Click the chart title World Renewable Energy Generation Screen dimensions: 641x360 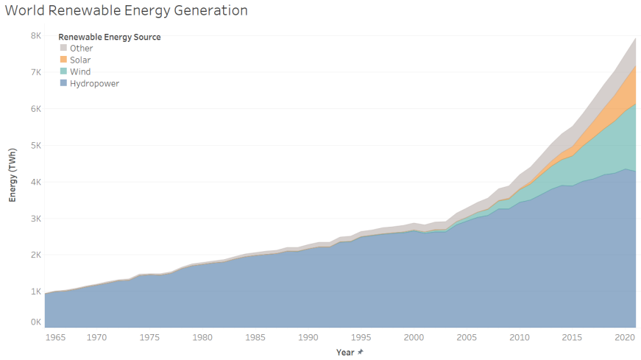127,10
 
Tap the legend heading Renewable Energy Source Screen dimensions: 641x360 110,37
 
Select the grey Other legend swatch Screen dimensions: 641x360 63,48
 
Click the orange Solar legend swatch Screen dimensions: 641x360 63,60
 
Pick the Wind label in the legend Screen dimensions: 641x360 80,71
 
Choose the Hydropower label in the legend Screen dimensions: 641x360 94,83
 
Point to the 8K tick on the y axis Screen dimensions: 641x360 36,35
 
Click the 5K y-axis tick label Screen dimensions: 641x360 36,145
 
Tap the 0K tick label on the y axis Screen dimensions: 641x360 36,322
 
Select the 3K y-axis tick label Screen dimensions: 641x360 36,219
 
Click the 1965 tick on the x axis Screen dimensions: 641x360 56,337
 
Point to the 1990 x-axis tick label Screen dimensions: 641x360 308,337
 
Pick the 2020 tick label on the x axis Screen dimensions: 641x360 625,337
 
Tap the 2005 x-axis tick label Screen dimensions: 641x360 467,337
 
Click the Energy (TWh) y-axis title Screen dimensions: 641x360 13,175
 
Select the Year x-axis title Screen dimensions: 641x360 345,352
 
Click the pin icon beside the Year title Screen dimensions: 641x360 360,352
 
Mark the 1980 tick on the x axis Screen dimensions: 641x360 203,337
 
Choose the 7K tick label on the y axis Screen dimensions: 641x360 36,72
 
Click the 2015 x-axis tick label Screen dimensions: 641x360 572,337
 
